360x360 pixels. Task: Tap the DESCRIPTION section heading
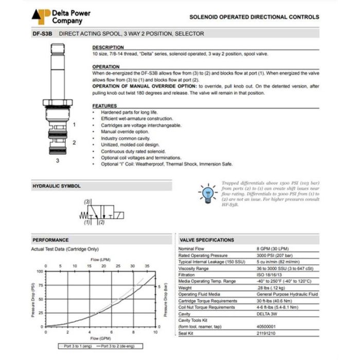(108, 47)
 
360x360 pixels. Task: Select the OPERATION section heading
(106, 67)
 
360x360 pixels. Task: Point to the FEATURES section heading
(104, 106)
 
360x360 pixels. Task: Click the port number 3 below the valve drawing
(58, 160)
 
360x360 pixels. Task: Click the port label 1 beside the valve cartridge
(75, 124)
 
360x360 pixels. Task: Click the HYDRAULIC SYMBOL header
(57, 186)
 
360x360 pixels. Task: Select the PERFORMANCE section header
(50, 240)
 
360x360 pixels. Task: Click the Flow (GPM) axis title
(101, 339)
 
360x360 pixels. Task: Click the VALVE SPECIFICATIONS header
(207, 240)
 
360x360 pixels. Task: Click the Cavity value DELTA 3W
(267, 314)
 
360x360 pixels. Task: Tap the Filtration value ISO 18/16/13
(271, 275)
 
